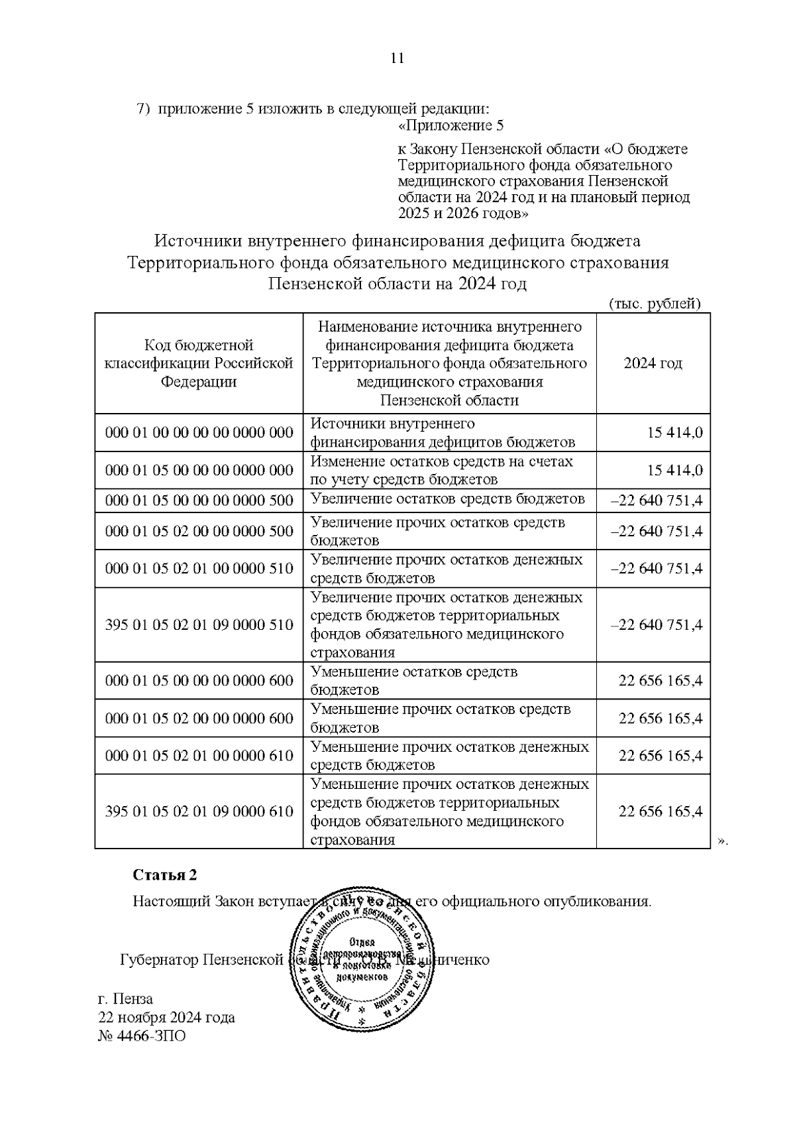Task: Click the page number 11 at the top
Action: click(x=397, y=58)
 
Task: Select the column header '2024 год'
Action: click(x=653, y=363)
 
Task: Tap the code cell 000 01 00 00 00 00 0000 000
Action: click(x=199, y=433)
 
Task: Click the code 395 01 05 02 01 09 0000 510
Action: click(x=199, y=624)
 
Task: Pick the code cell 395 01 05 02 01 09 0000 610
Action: click(x=199, y=811)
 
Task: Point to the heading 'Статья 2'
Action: click(x=165, y=875)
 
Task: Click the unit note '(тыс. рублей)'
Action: click(x=654, y=304)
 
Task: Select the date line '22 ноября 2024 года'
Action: click(x=166, y=1018)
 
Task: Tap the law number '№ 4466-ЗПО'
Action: click(x=142, y=1036)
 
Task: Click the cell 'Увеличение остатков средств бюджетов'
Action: click(x=448, y=499)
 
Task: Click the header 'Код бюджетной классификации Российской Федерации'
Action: click(x=199, y=363)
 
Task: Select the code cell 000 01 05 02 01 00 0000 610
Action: click(x=199, y=756)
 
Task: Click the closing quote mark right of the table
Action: click(x=723, y=841)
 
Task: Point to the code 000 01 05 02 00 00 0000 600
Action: click(x=199, y=719)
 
